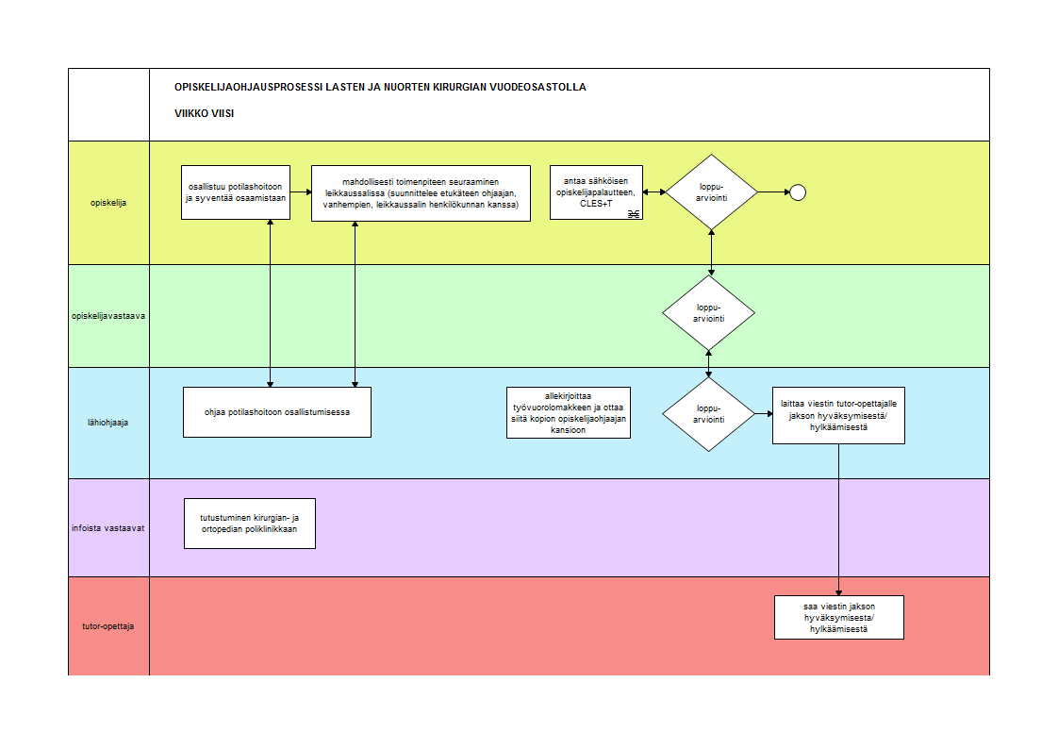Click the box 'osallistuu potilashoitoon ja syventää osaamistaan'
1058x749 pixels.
[236, 192]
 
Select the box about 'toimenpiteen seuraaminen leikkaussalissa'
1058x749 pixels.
[422, 193]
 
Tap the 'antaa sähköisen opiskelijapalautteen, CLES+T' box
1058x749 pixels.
[597, 192]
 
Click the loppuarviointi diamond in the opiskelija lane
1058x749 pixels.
[711, 192]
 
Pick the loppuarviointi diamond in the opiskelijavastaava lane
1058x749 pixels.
[708, 313]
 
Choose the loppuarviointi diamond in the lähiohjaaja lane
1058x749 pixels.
[708, 413]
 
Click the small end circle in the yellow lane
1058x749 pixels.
[798, 192]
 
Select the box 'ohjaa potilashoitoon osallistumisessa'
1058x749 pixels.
[277, 412]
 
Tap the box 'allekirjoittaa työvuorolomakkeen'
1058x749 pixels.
[569, 413]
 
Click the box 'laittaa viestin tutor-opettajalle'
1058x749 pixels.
[838, 415]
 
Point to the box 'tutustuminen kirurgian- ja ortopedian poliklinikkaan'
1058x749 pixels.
[250, 524]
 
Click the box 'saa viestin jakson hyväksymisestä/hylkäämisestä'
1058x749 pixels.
[839, 618]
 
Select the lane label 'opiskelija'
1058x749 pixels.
[108, 203]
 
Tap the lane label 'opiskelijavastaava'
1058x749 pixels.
[108, 316]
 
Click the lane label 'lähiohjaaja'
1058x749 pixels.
[107, 423]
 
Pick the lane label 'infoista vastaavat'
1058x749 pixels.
[107, 528]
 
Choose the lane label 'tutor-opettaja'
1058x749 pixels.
[107, 626]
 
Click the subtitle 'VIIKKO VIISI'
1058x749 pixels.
[205, 113]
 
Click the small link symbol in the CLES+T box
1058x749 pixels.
[634, 214]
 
